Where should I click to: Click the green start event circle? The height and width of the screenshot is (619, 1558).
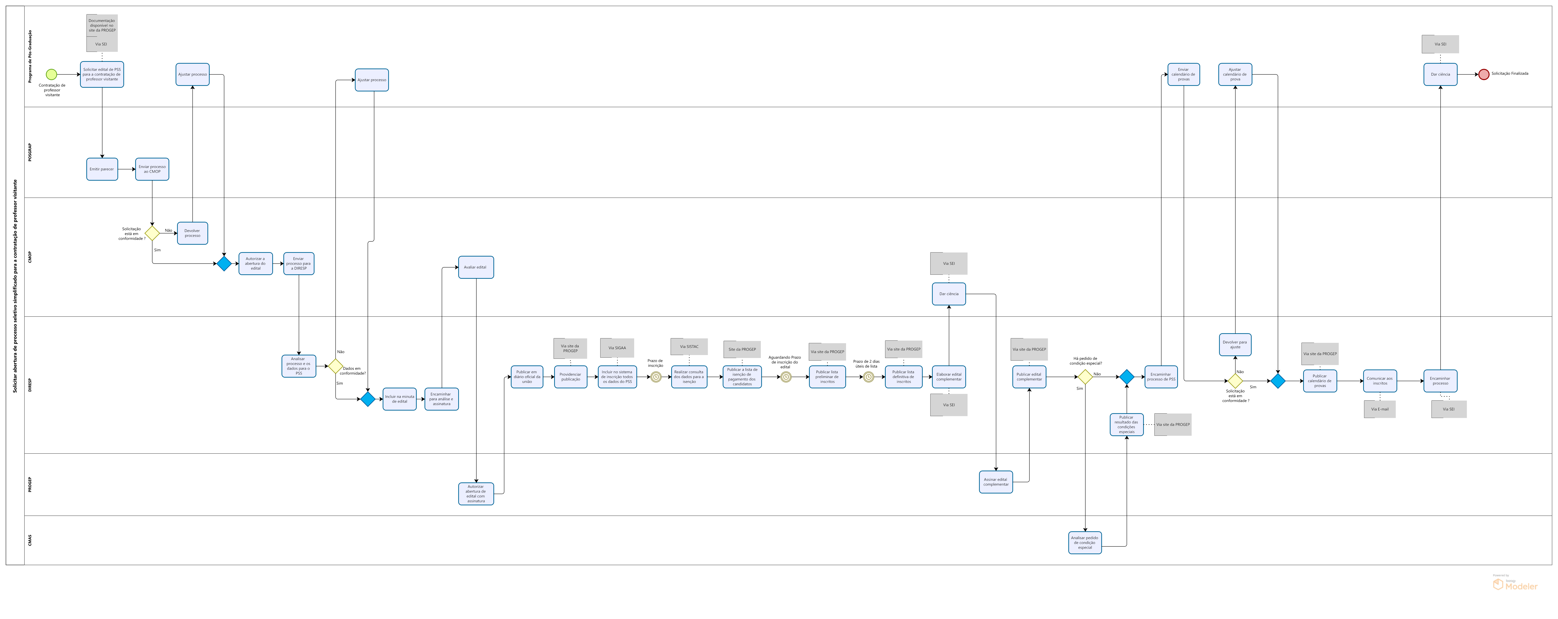click(x=51, y=74)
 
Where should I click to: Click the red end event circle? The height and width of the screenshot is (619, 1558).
click(x=1484, y=74)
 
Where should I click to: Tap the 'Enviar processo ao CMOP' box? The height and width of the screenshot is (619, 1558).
click(x=152, y=169)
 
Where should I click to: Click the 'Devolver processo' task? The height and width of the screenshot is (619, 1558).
click(x=192, y=233)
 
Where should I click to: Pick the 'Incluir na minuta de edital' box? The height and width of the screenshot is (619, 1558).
click(x=399, y=399)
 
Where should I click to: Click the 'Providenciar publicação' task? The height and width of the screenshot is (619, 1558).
click(x=570, y=377)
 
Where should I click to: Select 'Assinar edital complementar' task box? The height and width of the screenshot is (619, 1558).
click(x=996, y=482)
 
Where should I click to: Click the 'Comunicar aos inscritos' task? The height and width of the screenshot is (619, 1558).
click(x=1380, y=381)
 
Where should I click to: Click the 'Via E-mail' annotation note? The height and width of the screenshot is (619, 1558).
click(x=1380, y=409)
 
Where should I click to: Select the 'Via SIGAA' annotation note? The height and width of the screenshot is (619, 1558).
click(x=617, y=348)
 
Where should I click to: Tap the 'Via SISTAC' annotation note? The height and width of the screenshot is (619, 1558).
click(x=689, y=346)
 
